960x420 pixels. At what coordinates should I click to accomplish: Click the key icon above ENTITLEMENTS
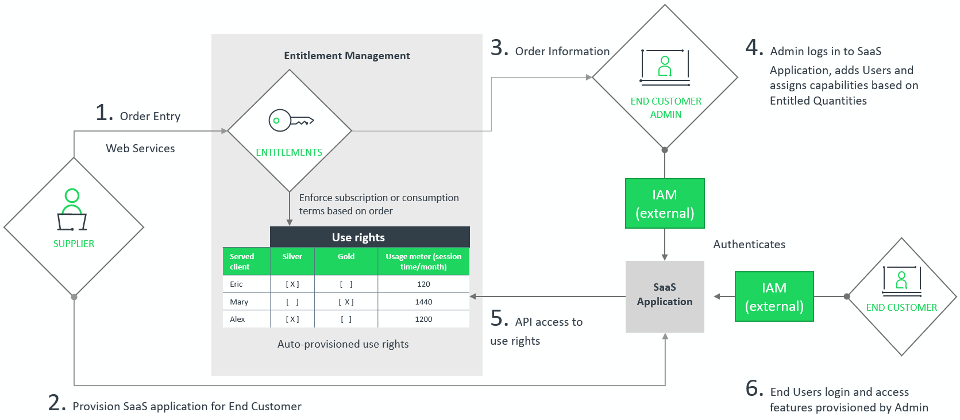(291, 121)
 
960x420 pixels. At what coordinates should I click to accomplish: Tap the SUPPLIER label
(74, 244)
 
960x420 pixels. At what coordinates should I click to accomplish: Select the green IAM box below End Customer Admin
(665, 203)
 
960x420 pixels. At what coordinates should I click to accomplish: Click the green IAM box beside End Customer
(774, 296)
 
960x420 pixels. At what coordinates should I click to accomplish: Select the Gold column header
(346, 257)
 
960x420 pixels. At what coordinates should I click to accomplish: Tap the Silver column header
(292, 257)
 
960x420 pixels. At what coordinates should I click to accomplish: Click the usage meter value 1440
(423, 302)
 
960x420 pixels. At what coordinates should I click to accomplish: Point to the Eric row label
(236, 284)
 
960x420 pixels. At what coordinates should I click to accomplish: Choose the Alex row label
(237, 319)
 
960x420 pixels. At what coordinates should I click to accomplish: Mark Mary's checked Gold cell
(346, 302)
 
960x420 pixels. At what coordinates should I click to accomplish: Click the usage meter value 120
(423, 284)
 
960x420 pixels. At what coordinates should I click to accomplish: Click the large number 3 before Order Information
(499, 48)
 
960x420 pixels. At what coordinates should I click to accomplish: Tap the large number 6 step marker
(754, 388)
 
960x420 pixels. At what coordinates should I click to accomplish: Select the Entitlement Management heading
(346, 56)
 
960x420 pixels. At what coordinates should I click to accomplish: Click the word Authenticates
(749, 244)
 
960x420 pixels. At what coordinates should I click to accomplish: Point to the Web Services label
(140, 148)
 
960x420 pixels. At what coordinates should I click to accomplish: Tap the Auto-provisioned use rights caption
(343, 344)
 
